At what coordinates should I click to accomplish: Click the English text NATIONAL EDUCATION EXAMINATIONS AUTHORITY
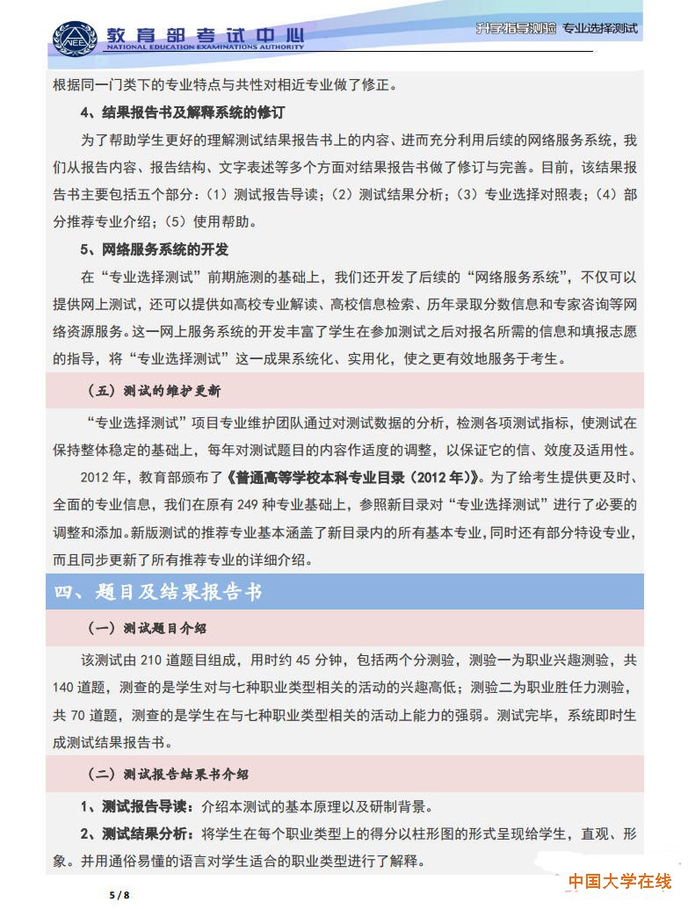pos(205,49)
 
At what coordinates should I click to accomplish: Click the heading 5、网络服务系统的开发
pos(155,249)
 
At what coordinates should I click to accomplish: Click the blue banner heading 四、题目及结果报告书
pos(158,592)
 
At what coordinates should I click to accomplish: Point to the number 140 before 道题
pos(68,687)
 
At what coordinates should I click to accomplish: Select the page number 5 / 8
pos(119,895)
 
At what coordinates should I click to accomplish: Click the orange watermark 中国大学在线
pos(619,881)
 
